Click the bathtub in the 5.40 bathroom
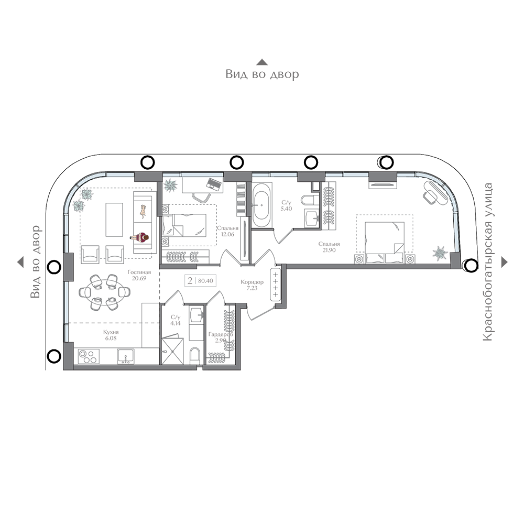tap(261, 204)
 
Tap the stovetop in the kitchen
tap(89, 356)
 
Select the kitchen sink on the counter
tap(126, 356)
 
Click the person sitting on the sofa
tap(140, 237)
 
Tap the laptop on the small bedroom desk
tap(214, 183)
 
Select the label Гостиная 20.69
tap(139, 275)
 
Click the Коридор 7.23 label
tap(252, 285)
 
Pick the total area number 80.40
tap(205, 281)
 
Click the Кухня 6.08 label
tap(111, 335)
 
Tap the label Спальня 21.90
tap(329, 247)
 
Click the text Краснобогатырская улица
tap(488, 262)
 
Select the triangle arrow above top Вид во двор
tap(262, 62)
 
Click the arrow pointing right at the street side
tap(505, 262)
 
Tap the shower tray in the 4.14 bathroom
tap(172, 351)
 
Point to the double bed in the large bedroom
tap(384, 242)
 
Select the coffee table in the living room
tap(114, 220)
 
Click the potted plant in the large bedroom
tap(440, 253)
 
